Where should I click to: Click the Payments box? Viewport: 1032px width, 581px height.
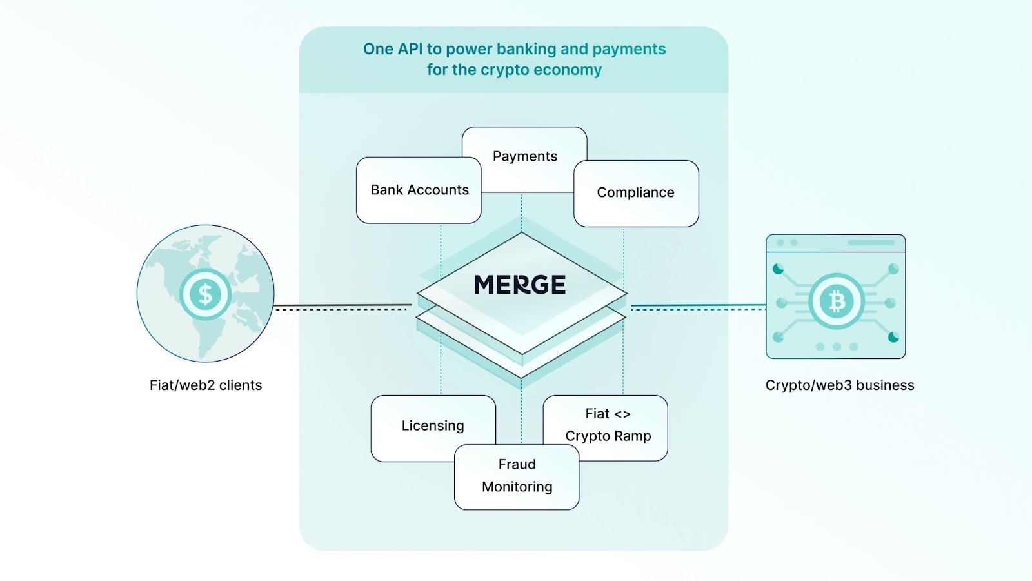524,156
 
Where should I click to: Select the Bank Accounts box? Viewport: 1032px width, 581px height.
419,190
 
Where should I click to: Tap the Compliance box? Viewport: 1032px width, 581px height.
635,192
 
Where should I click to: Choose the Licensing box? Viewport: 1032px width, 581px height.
432,425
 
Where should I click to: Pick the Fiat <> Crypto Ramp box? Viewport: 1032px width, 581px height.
608,425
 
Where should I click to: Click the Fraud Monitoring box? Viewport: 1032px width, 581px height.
517,476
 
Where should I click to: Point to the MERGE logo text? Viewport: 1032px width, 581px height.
520,285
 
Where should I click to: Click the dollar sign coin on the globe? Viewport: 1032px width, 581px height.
205,294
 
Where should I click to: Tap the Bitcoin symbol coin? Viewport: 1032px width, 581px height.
837,301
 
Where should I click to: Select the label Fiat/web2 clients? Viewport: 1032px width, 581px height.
206,385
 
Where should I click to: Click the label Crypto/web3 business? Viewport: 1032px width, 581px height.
839,385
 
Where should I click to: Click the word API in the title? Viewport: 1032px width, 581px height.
410,49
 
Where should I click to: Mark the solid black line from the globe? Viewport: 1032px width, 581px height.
342,305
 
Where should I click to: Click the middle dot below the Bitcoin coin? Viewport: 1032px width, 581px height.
837,347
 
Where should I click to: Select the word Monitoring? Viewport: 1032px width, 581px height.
517,487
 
